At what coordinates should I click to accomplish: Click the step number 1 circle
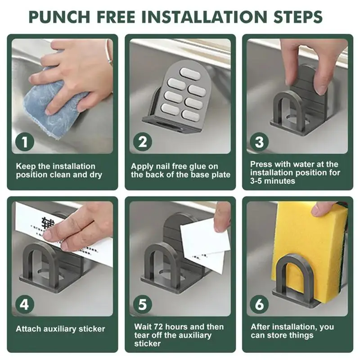[x=25, y=142]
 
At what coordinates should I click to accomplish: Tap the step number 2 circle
[x=143, y=142]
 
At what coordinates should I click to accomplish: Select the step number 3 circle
[x=260, y=142]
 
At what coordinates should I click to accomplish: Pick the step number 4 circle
[x=24, y=305]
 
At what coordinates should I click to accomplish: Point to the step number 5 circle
[x=143, y=305]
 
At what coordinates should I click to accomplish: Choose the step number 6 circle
[x=260, y=305]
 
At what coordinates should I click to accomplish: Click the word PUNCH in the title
[x=59, y=17]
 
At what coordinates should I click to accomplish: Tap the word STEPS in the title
[x=298, y=17]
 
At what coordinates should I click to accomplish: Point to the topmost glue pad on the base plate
[x=190, y=73]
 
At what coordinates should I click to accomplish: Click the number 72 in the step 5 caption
[x=158, y=327]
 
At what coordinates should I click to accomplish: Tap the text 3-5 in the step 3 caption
[x=256, y=181]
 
